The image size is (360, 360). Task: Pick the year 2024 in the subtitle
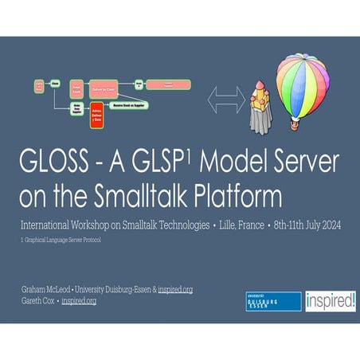(327, 225)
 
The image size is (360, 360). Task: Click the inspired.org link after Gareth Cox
(79, 300)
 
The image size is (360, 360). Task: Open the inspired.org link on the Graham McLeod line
(175, 289)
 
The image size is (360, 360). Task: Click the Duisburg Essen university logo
(273, 300)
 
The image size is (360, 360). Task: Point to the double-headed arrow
(225, 100)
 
